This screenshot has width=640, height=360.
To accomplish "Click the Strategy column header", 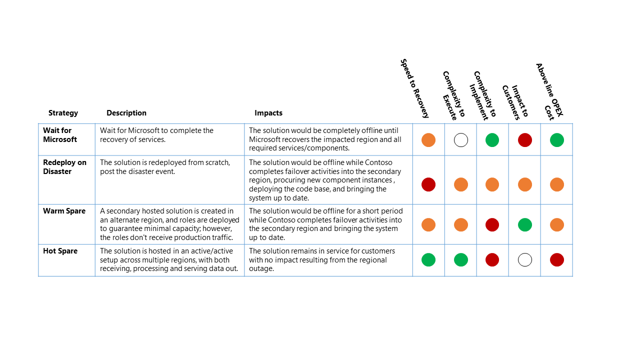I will [x=63, y=113].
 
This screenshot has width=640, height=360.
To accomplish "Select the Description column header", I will [x=126, y=113].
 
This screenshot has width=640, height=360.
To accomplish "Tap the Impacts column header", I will [x=268, y=113].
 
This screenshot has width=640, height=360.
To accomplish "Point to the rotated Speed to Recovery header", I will [x=414, y=88].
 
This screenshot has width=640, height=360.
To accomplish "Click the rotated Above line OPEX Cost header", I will [x=549, y=91].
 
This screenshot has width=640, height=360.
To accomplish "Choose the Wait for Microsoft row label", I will [x=60, y=135].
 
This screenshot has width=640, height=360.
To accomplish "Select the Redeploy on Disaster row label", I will [x=64, y=167].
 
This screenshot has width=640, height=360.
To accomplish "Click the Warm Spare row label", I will [x=64, y=211].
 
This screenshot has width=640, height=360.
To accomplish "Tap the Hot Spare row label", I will [x=60, y=251].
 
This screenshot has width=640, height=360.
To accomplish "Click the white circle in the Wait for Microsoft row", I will [x=461, y=140].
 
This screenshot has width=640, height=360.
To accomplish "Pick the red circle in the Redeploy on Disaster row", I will [x=428, y=184].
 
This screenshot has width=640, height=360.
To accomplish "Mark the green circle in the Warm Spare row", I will [x=525, y=224].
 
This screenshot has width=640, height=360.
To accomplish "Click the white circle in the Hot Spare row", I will [x=525, y=260].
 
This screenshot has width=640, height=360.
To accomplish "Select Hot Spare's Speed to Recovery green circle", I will [x=428, y=260].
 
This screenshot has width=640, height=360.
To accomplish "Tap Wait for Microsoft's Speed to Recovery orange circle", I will [x=428, y=140].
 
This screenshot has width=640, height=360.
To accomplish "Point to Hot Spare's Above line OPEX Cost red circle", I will [x=557, y=260].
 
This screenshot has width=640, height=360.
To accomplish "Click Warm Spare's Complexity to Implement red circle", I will [x=492, y=224].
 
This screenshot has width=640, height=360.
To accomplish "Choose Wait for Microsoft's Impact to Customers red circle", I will [x=525, y=140].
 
